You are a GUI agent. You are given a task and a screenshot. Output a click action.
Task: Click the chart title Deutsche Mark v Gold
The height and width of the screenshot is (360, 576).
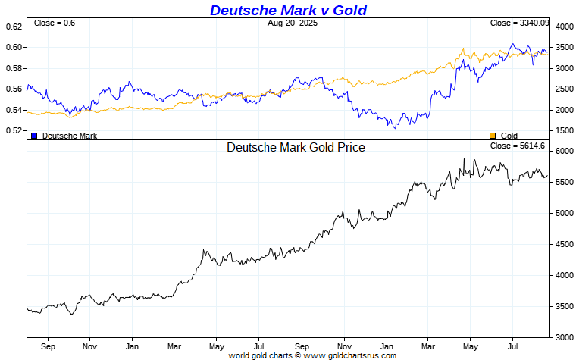tap(288, 10)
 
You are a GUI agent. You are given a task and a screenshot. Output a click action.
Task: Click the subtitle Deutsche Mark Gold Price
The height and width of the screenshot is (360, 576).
tap(296, 147)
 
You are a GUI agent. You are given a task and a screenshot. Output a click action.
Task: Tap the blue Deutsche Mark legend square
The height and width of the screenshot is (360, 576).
tap(34, 135)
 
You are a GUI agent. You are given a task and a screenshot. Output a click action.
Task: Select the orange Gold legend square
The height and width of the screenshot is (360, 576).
tap(493, 135)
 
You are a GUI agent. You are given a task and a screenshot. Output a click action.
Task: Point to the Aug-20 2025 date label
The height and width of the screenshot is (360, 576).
tap(294, 23)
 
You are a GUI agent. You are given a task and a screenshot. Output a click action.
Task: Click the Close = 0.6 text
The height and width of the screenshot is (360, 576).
tap(55, 23)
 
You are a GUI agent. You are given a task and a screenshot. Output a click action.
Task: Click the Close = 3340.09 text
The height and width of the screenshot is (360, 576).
tap(519, 23)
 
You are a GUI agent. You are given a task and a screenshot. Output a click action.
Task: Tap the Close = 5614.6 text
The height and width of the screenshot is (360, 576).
tap(518, 145)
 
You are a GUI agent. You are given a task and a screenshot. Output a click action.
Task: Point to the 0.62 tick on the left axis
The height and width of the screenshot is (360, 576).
tap(14, 27)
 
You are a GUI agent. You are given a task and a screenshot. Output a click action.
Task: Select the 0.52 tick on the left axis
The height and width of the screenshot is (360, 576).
tap(14, 130)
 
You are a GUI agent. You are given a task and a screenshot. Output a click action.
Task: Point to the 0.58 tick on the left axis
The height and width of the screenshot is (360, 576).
tap(14, 68)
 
